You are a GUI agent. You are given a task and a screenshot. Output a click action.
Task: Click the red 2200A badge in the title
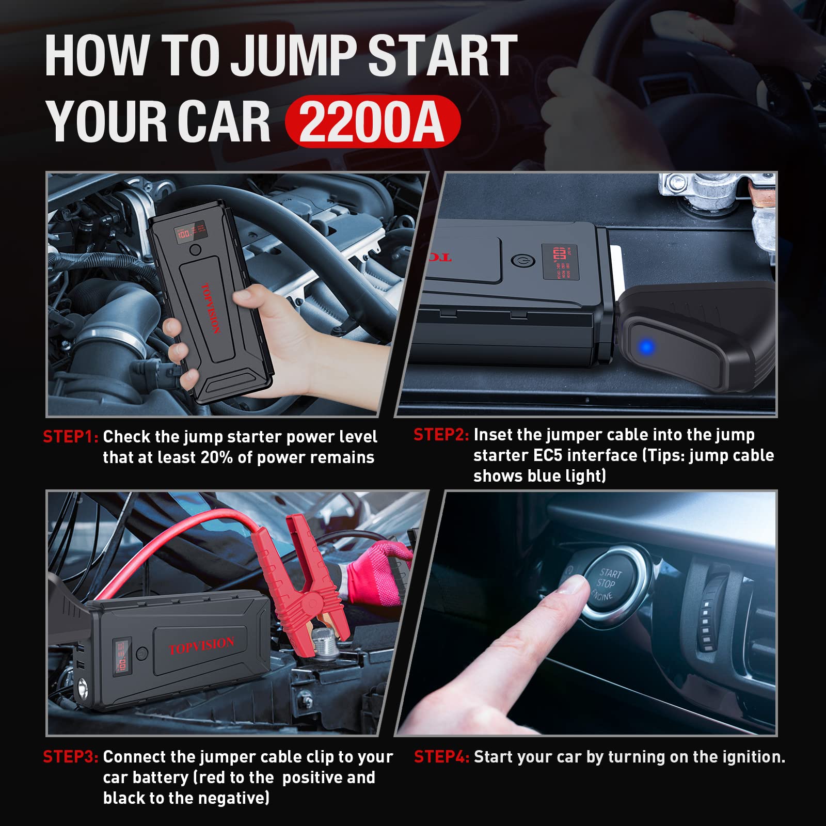pos(372,122)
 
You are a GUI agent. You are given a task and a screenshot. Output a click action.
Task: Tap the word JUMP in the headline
pos(293,55)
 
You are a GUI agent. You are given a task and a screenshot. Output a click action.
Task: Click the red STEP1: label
pos(71,437)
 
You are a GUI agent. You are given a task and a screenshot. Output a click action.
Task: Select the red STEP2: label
pos(441,435)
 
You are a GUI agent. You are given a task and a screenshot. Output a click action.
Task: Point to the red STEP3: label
pos(71,757)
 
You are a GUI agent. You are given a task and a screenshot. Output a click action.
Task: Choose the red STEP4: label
pos(441,757)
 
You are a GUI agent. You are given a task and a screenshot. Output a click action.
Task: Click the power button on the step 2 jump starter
pos(517,260)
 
